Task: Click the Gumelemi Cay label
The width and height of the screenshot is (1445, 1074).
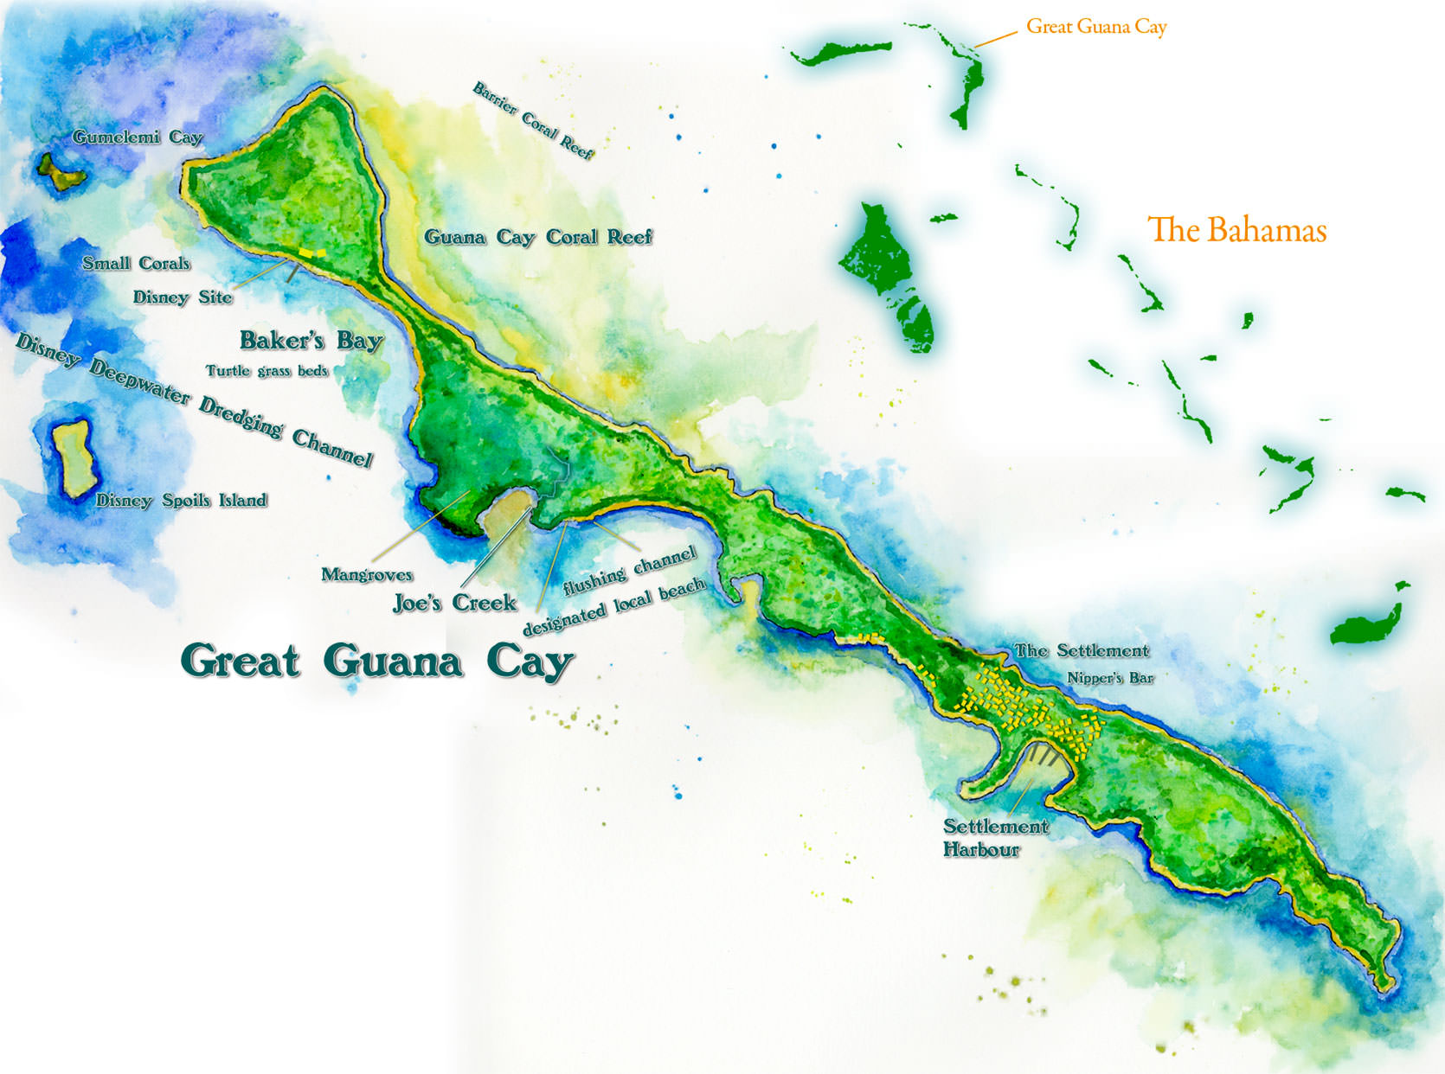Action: coord(137,137)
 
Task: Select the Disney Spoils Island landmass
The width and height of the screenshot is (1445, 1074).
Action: coord(73,458)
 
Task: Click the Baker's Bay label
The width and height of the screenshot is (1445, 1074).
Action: coord(311,340)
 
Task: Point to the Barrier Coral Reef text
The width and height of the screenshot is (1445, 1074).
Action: coord(533,121)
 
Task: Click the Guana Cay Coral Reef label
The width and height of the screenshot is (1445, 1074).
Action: coord(537,237)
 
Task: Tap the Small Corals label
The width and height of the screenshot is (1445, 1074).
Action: coord(136,263)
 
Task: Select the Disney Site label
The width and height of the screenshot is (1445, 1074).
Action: coord(183,297)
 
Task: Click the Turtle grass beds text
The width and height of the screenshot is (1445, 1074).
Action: coord(267,371)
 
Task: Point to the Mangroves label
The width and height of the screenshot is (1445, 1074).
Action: coord(366,574)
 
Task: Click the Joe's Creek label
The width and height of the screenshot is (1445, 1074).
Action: coord(454,603)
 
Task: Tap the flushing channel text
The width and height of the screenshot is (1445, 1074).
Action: coord(629,572)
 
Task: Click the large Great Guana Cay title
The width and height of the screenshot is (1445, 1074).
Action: coord(376,662)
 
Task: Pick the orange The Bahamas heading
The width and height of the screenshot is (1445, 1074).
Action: coord(1236,230)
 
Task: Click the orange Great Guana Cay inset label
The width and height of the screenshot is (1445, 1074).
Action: coord(1096,27)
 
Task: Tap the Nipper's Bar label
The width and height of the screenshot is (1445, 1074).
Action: coord(1110,678)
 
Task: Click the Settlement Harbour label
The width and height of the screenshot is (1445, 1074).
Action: coord(993,838)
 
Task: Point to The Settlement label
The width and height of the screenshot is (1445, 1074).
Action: coord(1082,650)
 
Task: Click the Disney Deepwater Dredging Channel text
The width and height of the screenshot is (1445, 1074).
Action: coord(195,400)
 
